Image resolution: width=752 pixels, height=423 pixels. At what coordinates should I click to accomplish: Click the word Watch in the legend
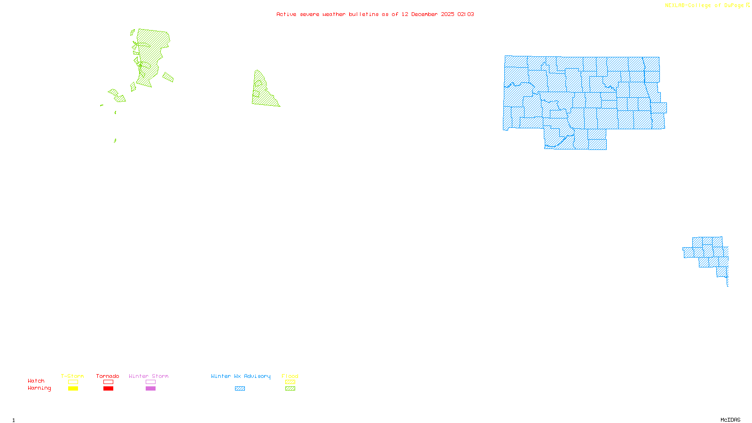36,381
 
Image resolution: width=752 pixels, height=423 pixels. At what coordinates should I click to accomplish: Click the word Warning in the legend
39,388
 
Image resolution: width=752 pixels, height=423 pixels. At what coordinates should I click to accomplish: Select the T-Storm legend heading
72,376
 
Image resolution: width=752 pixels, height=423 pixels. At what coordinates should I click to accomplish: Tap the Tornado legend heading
108,376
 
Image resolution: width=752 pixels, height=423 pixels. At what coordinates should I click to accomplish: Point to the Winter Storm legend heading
149,376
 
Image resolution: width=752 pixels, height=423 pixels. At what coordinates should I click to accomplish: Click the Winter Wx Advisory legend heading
241,376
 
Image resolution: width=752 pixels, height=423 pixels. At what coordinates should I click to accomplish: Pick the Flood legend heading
290,376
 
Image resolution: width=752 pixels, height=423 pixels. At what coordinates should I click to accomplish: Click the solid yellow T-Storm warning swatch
73,389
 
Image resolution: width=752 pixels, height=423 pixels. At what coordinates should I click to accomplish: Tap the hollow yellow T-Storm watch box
73,382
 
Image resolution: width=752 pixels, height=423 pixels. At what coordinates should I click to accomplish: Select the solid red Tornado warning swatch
109,389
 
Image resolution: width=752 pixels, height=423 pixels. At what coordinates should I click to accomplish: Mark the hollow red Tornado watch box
109,382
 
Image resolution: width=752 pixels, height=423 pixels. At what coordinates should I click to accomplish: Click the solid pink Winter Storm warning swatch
150,389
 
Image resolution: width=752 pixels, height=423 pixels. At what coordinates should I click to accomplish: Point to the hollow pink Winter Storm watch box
150,382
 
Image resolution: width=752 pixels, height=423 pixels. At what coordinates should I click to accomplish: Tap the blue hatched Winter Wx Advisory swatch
240,389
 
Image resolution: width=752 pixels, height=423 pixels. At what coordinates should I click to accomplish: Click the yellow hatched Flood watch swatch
290,382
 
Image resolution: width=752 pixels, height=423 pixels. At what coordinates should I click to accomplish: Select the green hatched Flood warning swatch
290,389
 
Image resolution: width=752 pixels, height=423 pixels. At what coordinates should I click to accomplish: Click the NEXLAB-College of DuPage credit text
705,6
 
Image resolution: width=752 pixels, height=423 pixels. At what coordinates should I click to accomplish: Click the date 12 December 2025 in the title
428,14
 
